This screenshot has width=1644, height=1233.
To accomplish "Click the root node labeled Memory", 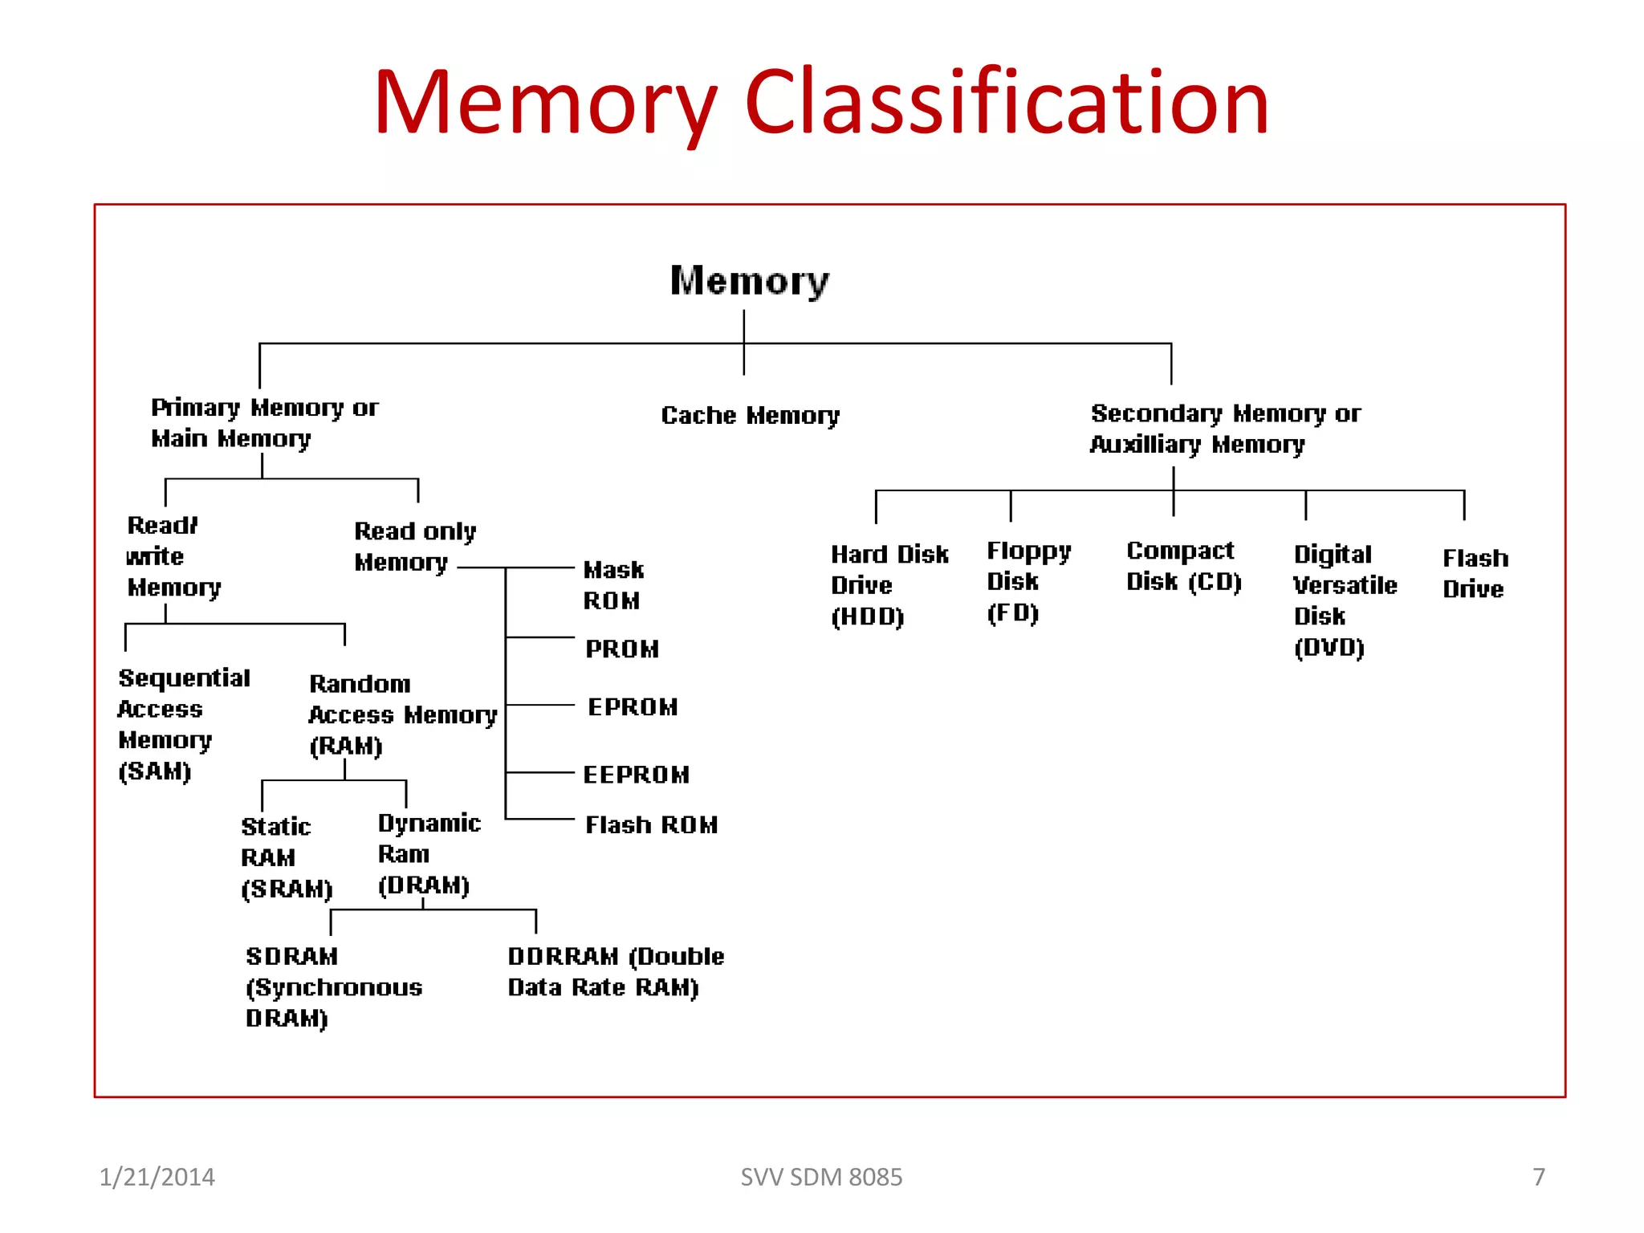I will (x=749, y=281).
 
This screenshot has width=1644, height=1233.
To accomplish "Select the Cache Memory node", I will (x=750, y=415).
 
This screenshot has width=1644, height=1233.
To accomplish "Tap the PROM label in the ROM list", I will (x=622, y=649).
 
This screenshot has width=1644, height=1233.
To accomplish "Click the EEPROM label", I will (x=636, y=775).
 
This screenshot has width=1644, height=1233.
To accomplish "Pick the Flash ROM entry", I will (x=651, y=824).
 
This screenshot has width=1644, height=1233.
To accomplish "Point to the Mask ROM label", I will (x=613, y=585).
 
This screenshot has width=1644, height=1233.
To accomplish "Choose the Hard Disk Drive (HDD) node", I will (x=889, y=585).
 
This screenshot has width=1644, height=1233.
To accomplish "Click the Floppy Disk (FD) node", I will (x=1028, y=581).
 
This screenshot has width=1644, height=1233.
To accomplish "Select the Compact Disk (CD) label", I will (x=1183, y=566).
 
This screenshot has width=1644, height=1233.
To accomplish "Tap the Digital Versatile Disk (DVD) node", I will (x=1345, y=600).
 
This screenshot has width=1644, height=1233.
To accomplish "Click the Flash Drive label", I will (x=1475, y=573).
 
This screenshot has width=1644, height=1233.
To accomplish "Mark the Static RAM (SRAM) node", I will (x=286, y=857).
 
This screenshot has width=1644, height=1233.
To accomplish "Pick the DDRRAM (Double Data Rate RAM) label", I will (x=615, y=971).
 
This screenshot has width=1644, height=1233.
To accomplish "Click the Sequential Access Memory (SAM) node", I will (x=183, y=724).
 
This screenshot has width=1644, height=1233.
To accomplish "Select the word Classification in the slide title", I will (x=1007, y=102).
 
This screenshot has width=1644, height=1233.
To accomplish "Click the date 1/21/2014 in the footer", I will (x=157, y=1177).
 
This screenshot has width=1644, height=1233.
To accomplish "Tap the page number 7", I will (x=1538, y=1177).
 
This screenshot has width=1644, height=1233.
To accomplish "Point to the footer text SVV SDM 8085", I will (x=821, y=1177).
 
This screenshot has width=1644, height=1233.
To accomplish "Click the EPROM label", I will (x=633, y=707).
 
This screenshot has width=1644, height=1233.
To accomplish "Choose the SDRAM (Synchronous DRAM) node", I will (x=333, y=987).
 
